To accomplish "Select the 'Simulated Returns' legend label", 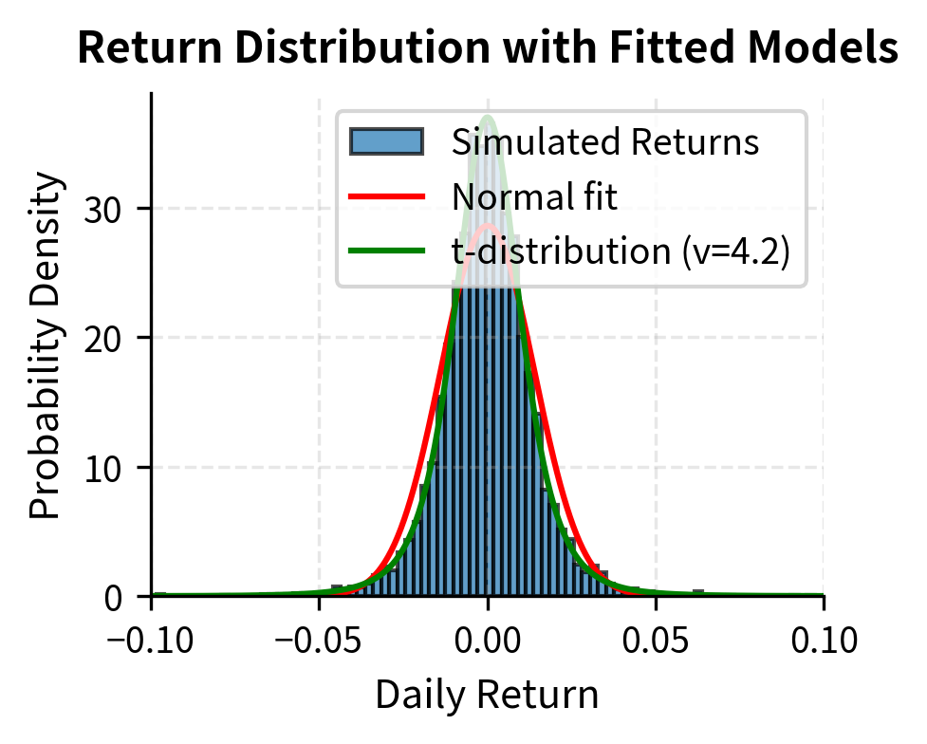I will (605, 142).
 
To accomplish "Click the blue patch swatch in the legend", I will (386, 142).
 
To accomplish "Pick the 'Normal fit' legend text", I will (534, 196).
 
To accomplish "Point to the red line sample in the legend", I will (386, 196).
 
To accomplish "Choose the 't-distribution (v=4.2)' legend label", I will (621, 251).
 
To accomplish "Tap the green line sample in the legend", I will (386, 251).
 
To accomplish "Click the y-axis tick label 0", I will (119, 597).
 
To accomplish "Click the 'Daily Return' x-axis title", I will (487, 696).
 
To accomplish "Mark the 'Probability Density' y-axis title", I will (45, 345).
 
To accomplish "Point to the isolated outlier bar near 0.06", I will (698, 593).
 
